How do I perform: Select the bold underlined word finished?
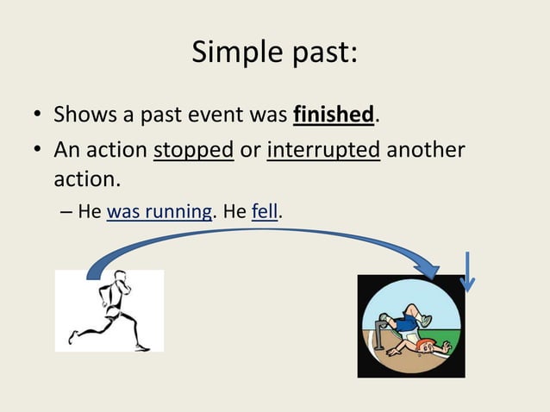click(334, 114)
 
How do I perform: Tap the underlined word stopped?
click(193, 150)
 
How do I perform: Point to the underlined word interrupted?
click(323, 150)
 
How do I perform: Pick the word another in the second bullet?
click(425, 150)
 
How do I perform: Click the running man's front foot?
click(143, 346)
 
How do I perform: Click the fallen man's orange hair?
click(422, 346)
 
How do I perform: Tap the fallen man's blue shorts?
click(402, 322)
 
